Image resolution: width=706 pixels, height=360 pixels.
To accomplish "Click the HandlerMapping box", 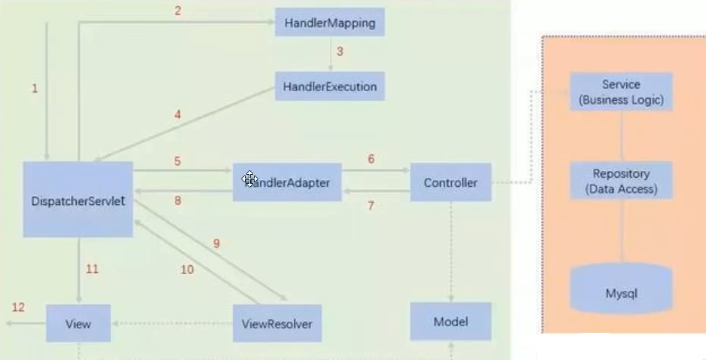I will coord(329,23).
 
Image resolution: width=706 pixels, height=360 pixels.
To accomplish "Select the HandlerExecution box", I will coord(329,87).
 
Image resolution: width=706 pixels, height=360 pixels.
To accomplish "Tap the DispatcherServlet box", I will coord(78,200).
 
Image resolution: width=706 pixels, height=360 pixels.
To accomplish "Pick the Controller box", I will coord(450,182).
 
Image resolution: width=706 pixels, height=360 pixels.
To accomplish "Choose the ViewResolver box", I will coord(277,324).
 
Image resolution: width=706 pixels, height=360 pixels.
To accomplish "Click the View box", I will coord(78,323).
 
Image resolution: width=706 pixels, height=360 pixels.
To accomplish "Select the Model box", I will coord(450,322).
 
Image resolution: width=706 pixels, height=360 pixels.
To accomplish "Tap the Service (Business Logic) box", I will coord(621,92).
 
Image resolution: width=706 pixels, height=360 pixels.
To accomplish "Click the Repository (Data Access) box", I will coord(621,181).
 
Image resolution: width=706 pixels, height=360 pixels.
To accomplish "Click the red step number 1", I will coord(34,89).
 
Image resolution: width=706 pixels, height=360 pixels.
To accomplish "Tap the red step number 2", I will coord(178,11).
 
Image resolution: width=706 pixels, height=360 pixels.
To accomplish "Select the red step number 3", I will coord(340,52).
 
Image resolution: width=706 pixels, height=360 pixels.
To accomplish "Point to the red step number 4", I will coord(178,114).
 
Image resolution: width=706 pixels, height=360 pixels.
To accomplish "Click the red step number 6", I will coord(371,160).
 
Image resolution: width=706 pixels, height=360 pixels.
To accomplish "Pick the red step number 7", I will coord(371,205).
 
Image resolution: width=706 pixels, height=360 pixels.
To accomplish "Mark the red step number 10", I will coord(187,269).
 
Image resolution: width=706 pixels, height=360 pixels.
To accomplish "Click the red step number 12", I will coord(17,307).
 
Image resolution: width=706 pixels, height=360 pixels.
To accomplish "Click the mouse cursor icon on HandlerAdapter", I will coord(249,179).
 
